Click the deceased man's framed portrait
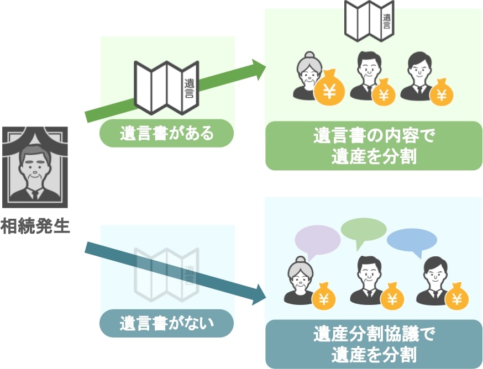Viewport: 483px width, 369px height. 35,167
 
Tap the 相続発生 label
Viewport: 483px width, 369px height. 35,226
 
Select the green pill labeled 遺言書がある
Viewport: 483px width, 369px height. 166,133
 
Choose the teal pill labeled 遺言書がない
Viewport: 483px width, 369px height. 166,323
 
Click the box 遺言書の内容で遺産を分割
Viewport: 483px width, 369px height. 374,146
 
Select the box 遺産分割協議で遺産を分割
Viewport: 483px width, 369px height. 374,344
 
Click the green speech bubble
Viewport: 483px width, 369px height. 364,230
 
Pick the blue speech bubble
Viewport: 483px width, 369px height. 412,240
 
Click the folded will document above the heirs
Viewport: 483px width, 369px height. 369,21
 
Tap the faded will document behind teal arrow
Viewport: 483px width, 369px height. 166,275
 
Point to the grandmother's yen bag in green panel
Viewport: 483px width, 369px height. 329,89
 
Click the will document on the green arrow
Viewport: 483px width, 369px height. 166,88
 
